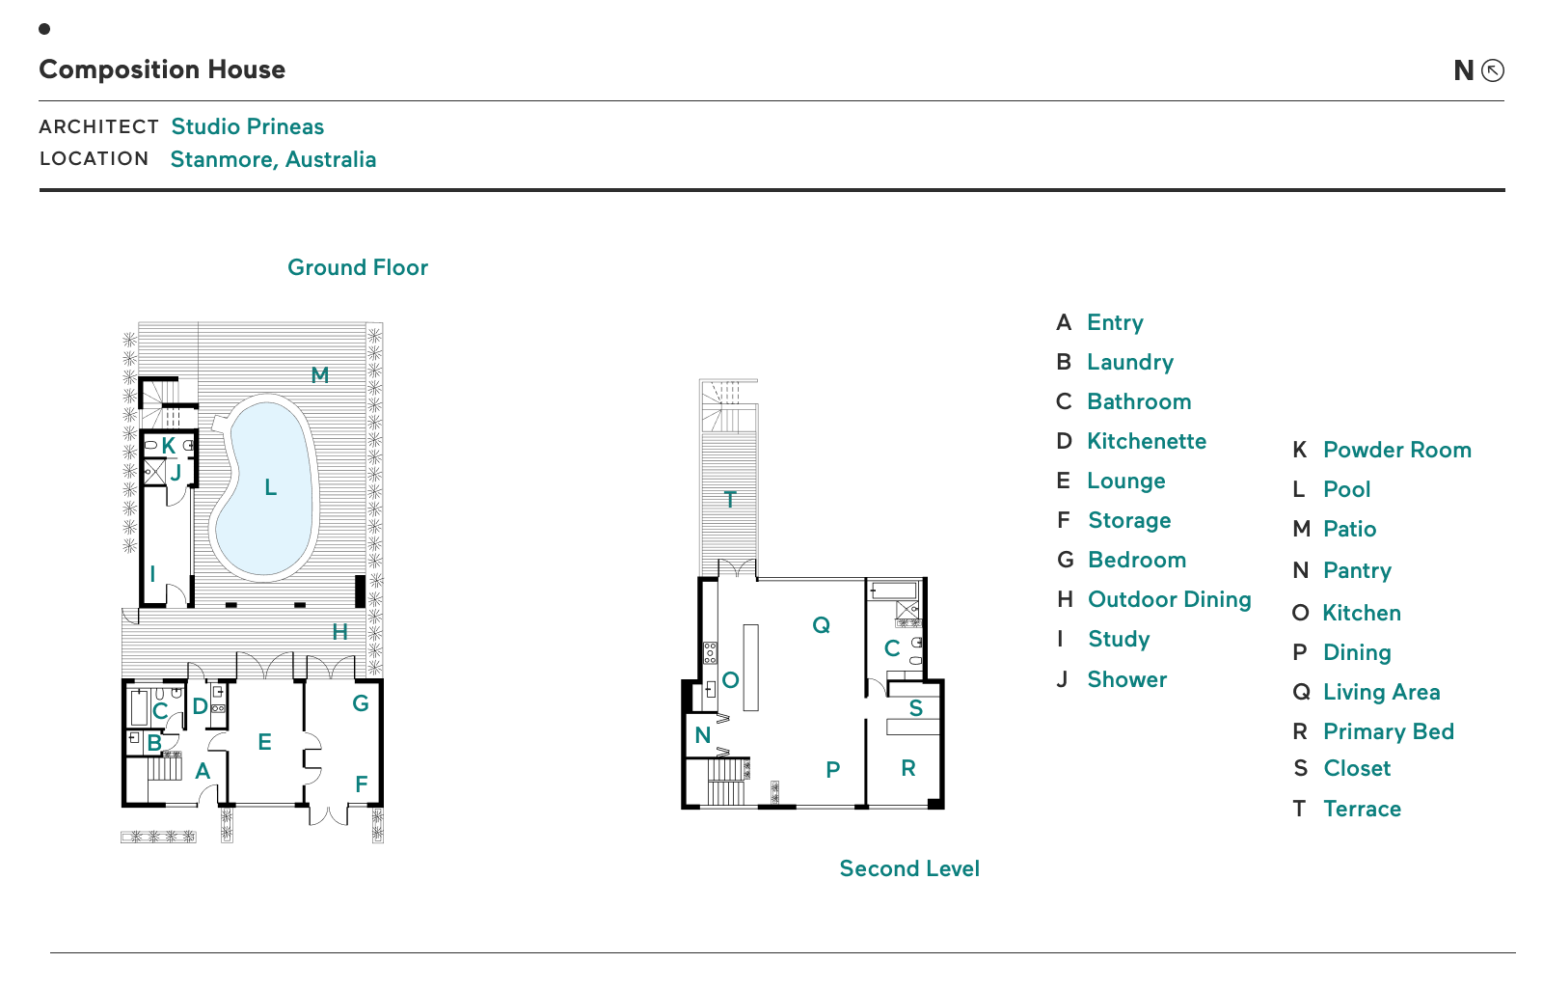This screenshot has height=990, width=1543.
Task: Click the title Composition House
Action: pyautogui.click(x=162, y=69)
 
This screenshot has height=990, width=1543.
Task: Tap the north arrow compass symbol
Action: pyautogui.click(x=1492, y=70)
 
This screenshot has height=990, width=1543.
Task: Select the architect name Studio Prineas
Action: pyautogui.click(x=247, y=126)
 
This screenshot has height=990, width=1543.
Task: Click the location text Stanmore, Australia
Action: pyautogui.click(x=273, y=159)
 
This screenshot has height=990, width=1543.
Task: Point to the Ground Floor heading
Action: pyautogui.click(x=358, y=267)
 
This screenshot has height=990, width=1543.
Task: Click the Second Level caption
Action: pyautogui.click(x=909, y=868)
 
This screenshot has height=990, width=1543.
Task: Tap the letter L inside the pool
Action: pyautogui.click(x=271, y=488)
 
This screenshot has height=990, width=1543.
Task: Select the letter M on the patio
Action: pyautogui.click(x=320, y=375)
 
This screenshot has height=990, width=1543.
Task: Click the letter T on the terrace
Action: pyautogui.click(x=730, y=499)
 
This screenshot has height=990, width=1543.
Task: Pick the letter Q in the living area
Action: pyautogui.click(x=821, y=625)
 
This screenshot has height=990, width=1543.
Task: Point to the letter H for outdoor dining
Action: pyautogui.click(x=339, y=632)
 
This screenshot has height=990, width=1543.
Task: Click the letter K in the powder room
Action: pyautogui.click(x=169, y=446)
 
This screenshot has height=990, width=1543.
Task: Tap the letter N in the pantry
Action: pyautogui.click(x=703, y=735)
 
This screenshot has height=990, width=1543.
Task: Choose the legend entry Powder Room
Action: pyautogui.click(x=1396, y=450)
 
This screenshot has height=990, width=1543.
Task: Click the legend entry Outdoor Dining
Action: pyautogui.click(x=1169, y=599)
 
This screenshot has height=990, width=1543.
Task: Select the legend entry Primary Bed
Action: pyautogui.click(x=1388, y=731)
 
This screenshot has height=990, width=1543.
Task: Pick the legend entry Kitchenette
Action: pyautogui.click(x=1147, y=441)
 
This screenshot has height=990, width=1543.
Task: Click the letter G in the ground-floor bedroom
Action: pyautogui.click(x=361, y=703)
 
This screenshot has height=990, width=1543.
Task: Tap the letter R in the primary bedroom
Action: pyautogui.click(x=908, y=768)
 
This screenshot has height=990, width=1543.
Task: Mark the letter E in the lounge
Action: pyautogui.click(x=265, y=742)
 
